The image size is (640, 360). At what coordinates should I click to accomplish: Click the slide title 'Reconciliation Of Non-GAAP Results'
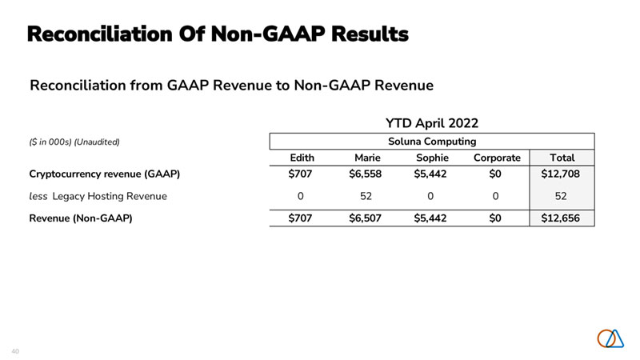pyautogui.click(x=218, y=34)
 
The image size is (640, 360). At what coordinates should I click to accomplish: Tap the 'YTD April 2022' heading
pyautogui.click(x=432, y=123)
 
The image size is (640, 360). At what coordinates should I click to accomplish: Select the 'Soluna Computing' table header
pyautogui.click(x=432, y=142)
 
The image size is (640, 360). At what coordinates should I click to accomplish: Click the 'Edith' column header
pyautogui.click(x=301, y=158)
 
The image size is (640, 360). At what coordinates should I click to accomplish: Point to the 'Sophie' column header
pyautogui.click(x=433, y=158)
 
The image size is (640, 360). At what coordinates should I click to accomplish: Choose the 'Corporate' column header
pyautogui.click(x=497, y=158)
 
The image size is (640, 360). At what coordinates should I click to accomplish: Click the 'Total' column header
pyautogui.click(x=562, y=158)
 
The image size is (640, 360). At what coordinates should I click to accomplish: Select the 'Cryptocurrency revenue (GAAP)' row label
pyautogui.click(x=105, y=174)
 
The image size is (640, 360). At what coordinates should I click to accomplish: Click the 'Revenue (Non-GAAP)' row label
pyautogui.click(x=81, y=218)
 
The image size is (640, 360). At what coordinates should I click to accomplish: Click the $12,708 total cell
pyautogui.click(x=562, y=174)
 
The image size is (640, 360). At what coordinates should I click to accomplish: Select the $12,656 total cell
pyautogui.click(x=562, y=218)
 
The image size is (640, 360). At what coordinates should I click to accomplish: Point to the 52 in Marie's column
pyautogui.click(x=367, y=195)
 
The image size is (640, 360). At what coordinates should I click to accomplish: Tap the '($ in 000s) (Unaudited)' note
pyautogui.click(x=74, y=142)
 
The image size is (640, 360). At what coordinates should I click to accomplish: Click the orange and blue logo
pyautogui.click(x=610, y=338)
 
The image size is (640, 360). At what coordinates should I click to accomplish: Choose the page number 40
pyautogui.click(x=15, y=351)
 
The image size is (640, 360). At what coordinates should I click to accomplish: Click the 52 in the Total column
pyautogui.click(x=562, y=195)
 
